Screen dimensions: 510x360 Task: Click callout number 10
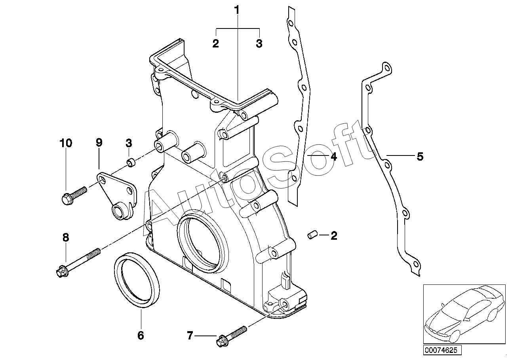point(66,143)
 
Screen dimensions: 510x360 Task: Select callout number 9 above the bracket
point(99,142)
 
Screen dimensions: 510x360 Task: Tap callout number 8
point(66,238)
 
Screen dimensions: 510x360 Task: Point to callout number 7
point(190,335)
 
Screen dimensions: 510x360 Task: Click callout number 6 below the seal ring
point(141,335)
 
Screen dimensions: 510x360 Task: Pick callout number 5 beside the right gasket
point(420,157)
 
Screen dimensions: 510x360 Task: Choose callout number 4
point(334,157)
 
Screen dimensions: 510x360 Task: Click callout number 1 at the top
point(237,10)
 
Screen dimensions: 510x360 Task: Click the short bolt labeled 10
point(74,195)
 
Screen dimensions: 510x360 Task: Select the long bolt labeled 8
point(78,263)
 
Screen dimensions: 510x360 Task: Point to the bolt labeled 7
point(231,336)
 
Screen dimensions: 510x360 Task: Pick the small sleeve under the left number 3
point(131,163)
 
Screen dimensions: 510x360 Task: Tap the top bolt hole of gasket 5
point(386,68)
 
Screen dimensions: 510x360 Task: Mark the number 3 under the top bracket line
point(259,44)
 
